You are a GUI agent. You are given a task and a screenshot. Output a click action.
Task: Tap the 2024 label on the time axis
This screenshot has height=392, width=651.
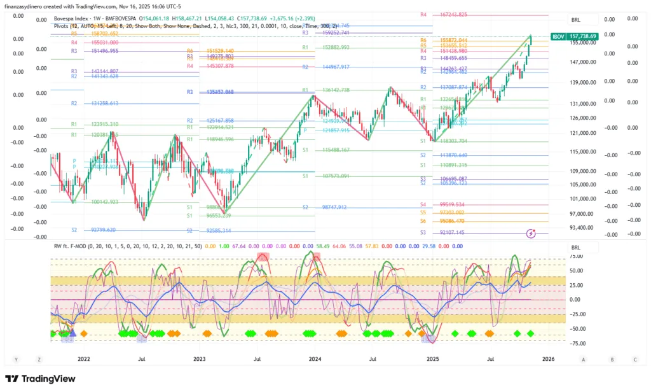pyautogui.click(x=315, y=359)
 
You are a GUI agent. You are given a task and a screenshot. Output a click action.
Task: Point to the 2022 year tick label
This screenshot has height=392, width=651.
pyautogui.click(x=84, y=359)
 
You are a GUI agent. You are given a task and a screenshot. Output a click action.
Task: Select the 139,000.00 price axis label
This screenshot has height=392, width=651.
pyautogui.click(x=582, y=82)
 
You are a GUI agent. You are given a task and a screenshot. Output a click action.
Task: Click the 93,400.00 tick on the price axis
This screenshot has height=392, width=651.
pyautogui.click(x=582, y=227)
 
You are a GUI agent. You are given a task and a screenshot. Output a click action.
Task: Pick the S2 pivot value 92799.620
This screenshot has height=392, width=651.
pyautogui.click(x=104, y=230)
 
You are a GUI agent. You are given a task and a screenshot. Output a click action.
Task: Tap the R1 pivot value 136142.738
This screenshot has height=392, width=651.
pyautogui.click(x=336, y=90)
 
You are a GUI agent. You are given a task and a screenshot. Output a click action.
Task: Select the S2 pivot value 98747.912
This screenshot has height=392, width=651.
pyautogui.click(x=334, y=207)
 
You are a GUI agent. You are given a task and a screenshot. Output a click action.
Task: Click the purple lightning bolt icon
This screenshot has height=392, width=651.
pyautogui.click(x=531, y=234)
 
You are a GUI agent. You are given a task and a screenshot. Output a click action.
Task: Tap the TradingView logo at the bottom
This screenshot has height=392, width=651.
pyautogui.click(x=40, y=379)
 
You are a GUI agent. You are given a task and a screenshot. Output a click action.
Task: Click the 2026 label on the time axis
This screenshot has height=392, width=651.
pyautogui.click(x=548, y=359)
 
